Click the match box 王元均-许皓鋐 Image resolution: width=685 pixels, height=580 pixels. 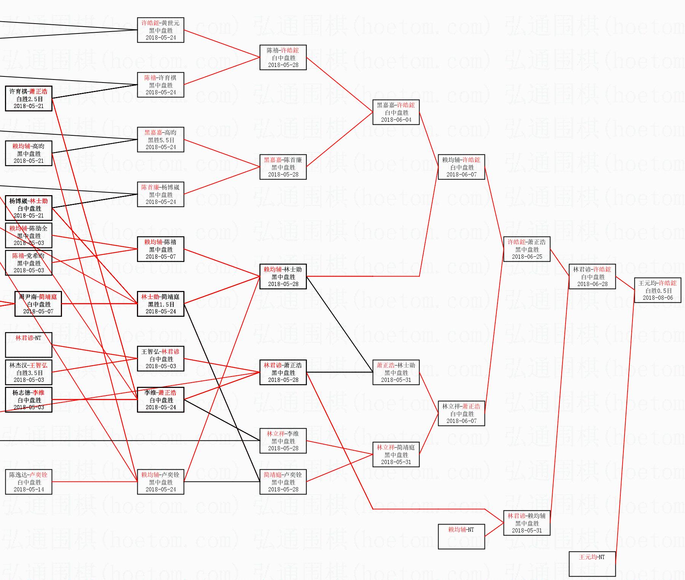pos(657,290)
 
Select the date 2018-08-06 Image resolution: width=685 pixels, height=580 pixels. pos(658,298)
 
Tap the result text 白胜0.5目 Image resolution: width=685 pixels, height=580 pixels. pos(658,291)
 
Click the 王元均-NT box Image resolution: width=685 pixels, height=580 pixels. pos(592,564)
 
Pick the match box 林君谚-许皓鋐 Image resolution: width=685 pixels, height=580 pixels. pos(592,276)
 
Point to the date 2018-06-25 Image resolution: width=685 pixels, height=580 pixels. pos(527,257)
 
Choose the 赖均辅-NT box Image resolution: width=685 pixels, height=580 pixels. pos(461,536)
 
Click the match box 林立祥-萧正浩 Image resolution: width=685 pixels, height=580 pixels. pos(461,413)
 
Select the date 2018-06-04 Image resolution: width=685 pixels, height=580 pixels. pos(396,120)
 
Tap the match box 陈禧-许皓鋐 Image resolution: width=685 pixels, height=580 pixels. pos(283,57)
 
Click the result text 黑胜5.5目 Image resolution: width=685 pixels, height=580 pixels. pos(161,140)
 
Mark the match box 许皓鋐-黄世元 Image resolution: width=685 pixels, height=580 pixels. pos(161,30)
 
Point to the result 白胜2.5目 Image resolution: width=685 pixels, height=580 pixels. pos(29,99)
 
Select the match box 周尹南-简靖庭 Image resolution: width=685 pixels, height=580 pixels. pos(38,304)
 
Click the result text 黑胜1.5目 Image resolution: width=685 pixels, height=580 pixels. pos(161,304)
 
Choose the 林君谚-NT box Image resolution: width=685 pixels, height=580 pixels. pos(29,345)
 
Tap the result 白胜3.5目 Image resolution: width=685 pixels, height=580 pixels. pos(29,373)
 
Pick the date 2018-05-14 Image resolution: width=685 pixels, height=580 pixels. pos(29,489)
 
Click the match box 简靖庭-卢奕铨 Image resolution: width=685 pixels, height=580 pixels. pos(283,482)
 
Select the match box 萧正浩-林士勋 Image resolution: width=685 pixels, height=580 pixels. pos(396,372)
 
